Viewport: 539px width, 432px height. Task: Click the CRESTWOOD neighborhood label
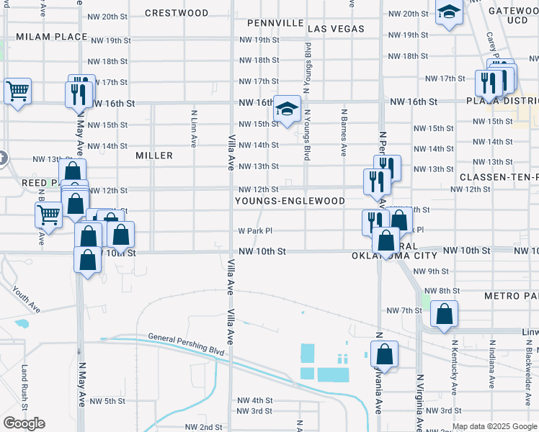177,13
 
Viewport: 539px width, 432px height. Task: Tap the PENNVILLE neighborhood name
275,23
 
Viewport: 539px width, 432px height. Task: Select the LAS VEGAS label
335,29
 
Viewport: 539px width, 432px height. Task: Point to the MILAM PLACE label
41,36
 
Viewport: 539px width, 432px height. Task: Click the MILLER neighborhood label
154,156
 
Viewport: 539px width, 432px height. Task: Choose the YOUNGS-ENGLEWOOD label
290,201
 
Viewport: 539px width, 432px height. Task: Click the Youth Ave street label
26,298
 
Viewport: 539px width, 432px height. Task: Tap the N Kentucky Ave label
454,369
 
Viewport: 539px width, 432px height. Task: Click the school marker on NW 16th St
287,110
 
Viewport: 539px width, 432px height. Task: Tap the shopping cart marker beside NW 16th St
17,91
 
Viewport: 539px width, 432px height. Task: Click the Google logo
24,423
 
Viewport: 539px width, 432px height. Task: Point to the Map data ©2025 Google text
494,426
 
